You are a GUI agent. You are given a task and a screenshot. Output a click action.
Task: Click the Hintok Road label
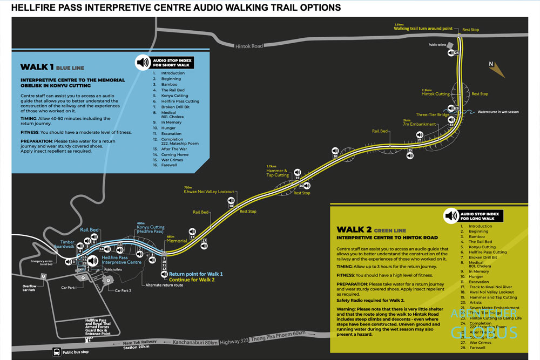pyautogui.click(x=249, y=46)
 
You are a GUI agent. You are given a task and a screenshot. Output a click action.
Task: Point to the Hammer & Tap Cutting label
pyautogui.click(x=278, y=172)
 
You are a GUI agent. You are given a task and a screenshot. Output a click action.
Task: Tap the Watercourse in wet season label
pyautogui.click(x=498, y=112)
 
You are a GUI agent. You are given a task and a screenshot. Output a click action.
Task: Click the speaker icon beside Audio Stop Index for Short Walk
pyautogui.click(x=143, y=62)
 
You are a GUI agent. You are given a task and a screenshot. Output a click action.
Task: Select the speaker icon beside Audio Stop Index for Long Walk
pyautogui.click(x=450, y=216)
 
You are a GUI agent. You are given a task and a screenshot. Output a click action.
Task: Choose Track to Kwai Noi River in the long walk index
pyautogui.click(x=494, y=287)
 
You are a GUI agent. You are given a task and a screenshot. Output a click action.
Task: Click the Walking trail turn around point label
pyautogui.click(x=423, y=28)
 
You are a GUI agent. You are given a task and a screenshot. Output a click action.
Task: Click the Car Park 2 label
pyautogui.click(x=124, y=290)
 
